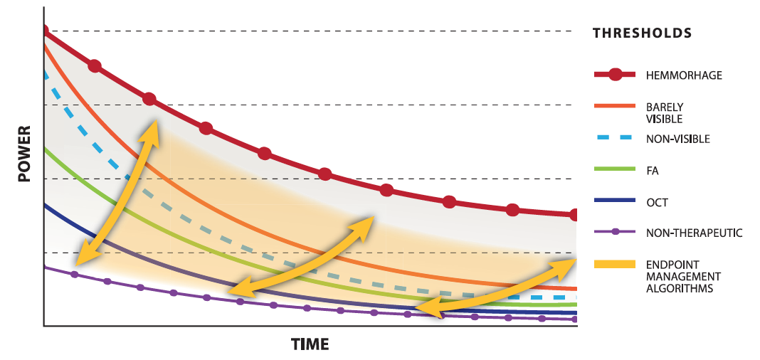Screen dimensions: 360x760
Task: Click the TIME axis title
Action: [310, 344]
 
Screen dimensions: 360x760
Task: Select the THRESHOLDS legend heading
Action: [642, 33]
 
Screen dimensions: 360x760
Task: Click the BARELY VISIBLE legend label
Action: [665, 112]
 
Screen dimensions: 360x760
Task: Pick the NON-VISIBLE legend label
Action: [677, 139]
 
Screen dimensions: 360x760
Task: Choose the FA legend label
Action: [653, 170]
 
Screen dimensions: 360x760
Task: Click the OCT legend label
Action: [657, 202]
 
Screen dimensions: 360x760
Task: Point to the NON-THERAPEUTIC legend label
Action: [695, 233]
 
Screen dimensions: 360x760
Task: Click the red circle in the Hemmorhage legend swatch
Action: [615, 74]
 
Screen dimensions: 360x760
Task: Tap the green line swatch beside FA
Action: [614, 169]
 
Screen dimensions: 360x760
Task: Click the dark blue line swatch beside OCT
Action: [614, 201]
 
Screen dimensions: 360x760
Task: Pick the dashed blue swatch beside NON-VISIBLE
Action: [614, 139]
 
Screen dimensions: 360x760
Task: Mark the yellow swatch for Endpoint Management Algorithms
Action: [614, 264]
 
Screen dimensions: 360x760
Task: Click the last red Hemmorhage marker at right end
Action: [574, 215]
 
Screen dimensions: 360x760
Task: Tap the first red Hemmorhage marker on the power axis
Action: [44, 31]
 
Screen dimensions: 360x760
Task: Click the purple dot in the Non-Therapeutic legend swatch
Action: [615, 232]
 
